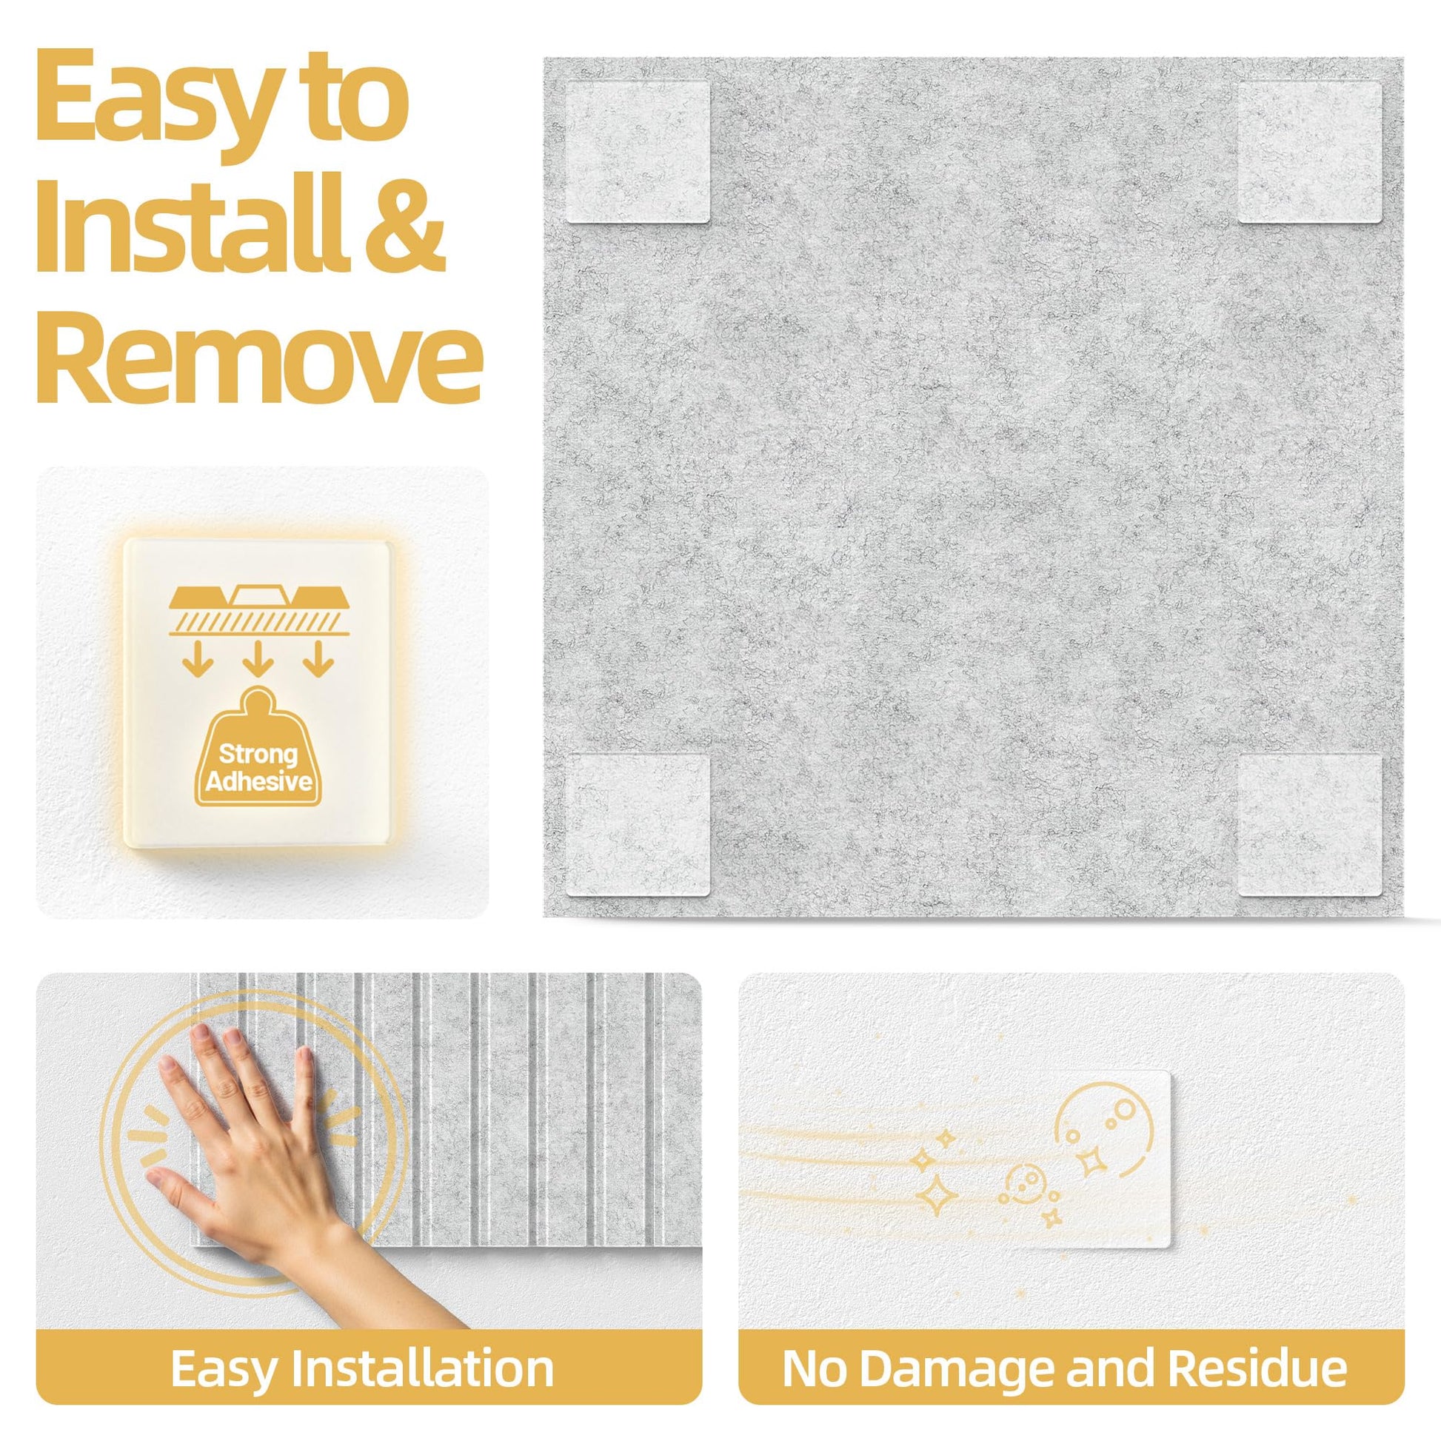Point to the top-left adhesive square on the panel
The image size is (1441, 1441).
coord(638,152)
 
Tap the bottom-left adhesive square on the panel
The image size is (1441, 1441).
coord(638,825)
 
